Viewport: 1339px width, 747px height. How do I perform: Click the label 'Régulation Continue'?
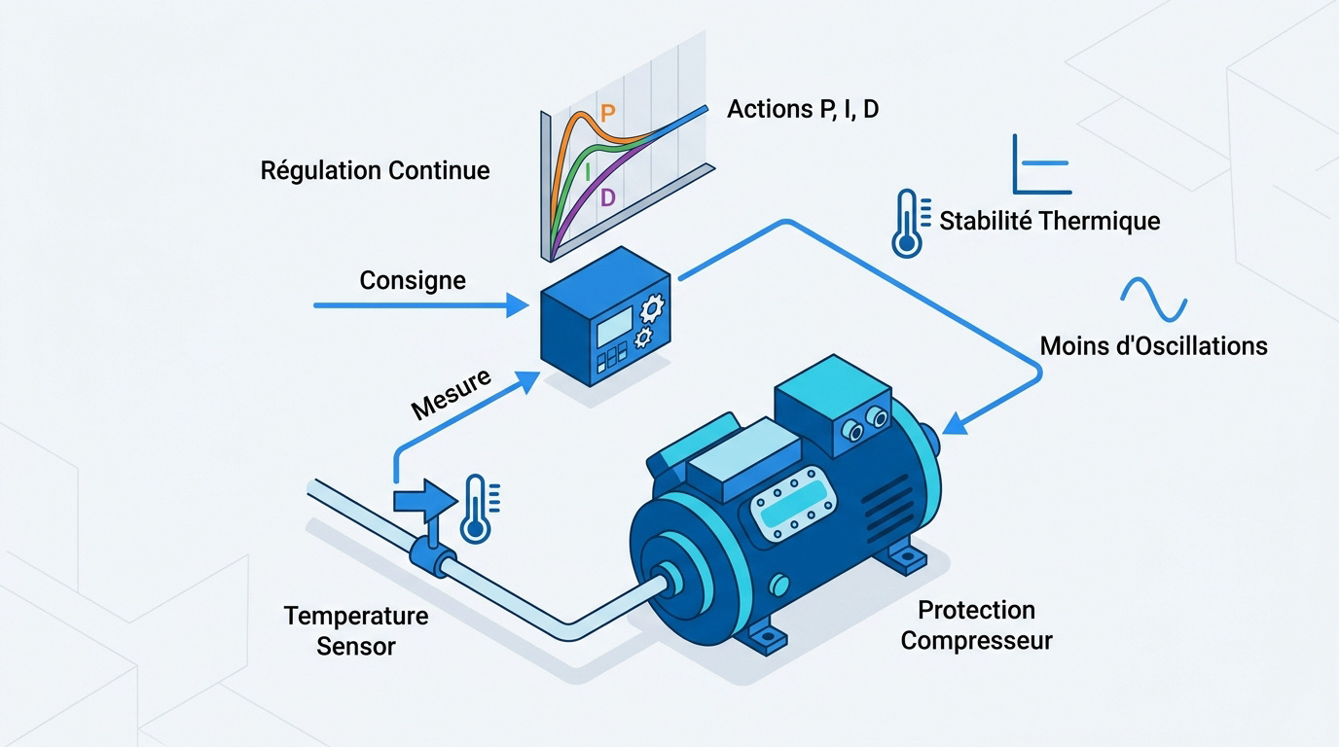pos(375,171)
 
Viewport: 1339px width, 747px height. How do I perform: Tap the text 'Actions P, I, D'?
pos(802,109)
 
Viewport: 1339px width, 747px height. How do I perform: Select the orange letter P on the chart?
pos(607,113)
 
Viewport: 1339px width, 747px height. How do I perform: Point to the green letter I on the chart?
pos(588,172)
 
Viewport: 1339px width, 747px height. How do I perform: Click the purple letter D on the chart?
pos(608,197)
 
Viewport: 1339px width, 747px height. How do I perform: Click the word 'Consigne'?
pos(413,280)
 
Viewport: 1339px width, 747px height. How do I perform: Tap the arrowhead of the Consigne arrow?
pos(518,305)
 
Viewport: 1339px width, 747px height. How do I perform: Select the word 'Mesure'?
pos(452,394)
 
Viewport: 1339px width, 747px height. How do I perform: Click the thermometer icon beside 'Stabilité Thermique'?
pos(910,224)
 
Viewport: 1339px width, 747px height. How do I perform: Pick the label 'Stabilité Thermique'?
pos(1050,221)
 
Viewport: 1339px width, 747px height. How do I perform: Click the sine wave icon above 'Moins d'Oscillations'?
pos(1154,300)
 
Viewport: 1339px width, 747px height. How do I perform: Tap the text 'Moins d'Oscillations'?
pos(1154,346)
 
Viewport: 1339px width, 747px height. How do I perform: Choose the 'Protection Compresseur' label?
pos(976,625)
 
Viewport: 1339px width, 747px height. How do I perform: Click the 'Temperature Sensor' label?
pos(356,631)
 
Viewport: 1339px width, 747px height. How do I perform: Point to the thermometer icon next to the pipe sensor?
pos(479,509)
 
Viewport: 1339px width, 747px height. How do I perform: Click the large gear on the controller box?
pos(652,308)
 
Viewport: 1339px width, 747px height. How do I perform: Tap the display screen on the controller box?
pos(614,326)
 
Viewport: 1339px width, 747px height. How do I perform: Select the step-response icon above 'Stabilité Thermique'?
pos(1042,164)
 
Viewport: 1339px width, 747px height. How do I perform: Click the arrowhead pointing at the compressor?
pos(956,423)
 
